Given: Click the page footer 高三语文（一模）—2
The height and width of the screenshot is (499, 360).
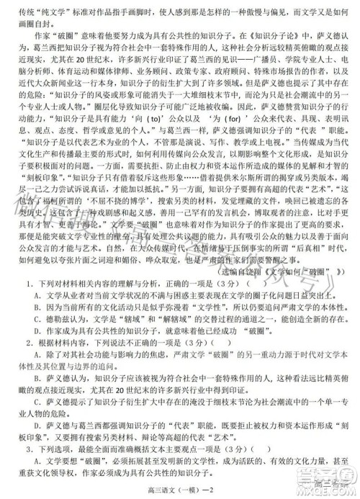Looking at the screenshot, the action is pos(179,490).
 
